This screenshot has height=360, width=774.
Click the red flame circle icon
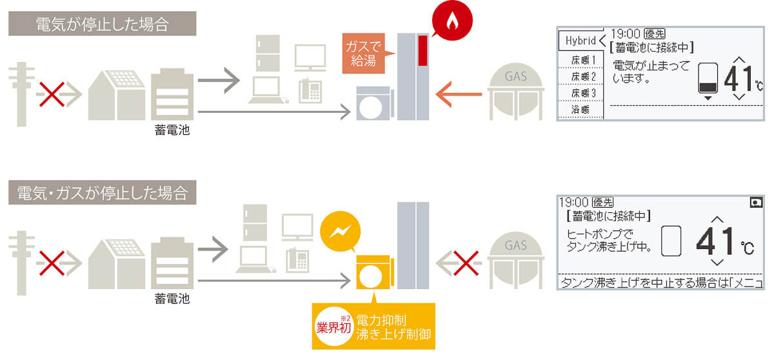tap(452, 20)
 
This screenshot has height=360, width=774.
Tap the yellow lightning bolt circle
tap(341, 231)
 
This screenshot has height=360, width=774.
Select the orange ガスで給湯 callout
tap(364, 53)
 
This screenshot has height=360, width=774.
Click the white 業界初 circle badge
tap(333, 326)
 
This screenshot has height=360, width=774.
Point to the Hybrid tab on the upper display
tap(581, 41)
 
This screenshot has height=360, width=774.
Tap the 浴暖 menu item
tap(581, 110)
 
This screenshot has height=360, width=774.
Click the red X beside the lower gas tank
tap(466, 263)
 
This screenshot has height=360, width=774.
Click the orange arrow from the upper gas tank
tap(459, 94)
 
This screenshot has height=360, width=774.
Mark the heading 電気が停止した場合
tap(103, 24)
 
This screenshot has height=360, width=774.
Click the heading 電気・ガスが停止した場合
tap(103, 193)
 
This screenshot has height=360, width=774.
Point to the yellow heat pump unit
tap(375, 272)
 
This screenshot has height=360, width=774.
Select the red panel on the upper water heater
tap(422, 50)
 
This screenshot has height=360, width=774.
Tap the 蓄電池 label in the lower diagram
tap(172, 299)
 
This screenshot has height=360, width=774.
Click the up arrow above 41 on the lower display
tap(717, 219)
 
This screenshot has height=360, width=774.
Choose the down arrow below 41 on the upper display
tap(739, 97)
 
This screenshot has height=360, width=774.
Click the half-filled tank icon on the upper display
tap(708, 79)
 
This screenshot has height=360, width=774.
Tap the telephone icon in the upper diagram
tap(310, 91)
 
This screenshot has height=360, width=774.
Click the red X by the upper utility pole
tap(52, 94)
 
